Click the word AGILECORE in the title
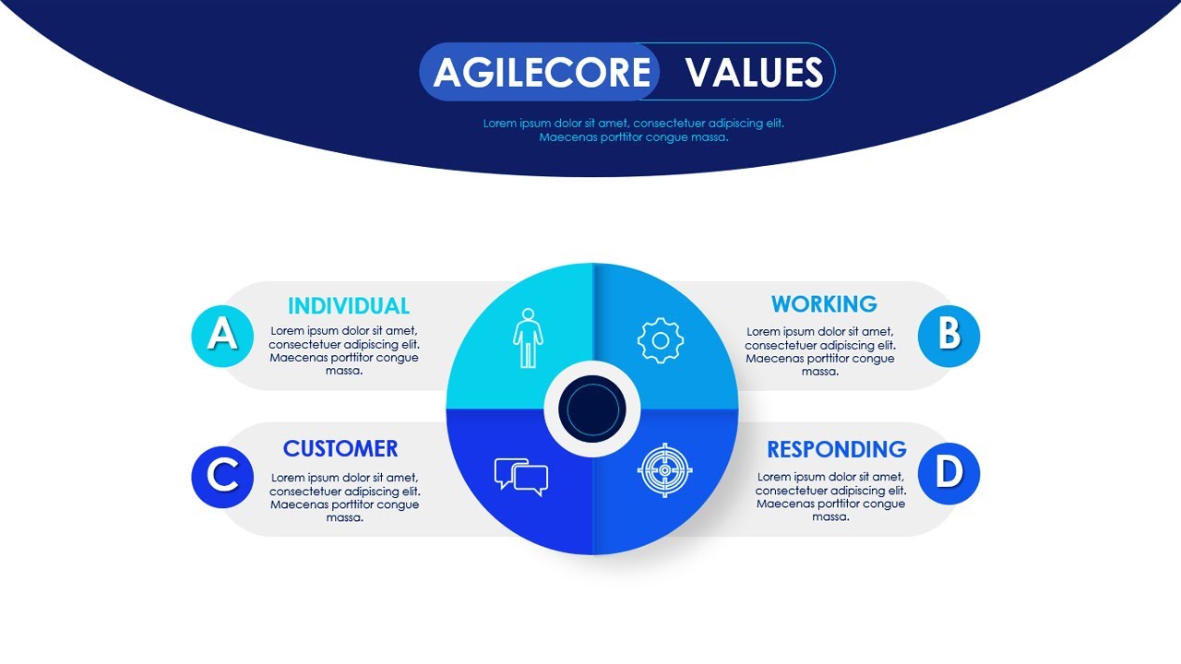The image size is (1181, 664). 542,72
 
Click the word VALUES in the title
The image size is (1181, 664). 754,72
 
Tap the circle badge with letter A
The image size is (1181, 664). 222,335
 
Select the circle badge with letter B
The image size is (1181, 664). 949,335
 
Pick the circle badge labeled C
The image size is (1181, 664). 222,477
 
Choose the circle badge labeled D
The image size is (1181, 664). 949,474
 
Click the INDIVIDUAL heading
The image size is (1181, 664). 349,306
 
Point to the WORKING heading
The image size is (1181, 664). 824,304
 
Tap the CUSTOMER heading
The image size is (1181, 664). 340,449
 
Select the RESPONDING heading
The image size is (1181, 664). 837,450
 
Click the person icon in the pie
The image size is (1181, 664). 528,338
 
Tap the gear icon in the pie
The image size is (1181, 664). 661,340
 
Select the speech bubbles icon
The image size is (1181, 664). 521,476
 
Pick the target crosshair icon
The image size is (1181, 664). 665,470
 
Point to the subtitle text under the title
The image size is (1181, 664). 634,130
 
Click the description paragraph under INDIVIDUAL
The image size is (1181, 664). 344,351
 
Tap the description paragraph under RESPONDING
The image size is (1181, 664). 830,497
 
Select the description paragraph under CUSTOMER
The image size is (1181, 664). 344,498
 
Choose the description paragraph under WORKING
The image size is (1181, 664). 819,351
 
